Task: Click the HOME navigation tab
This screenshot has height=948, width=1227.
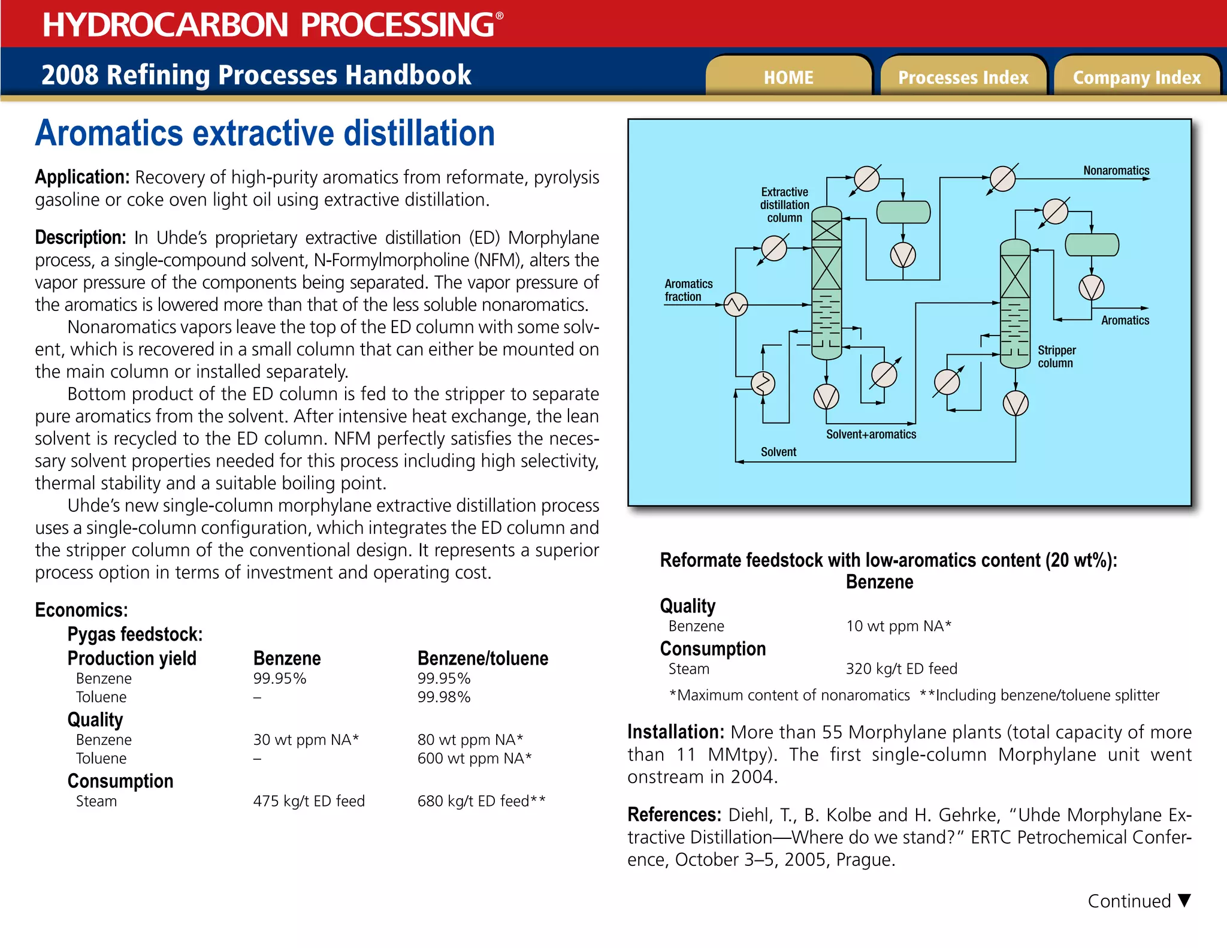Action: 788,77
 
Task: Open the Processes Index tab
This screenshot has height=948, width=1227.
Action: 963,77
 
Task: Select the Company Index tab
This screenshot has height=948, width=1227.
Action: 1137,77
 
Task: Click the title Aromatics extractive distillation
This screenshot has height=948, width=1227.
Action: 265,133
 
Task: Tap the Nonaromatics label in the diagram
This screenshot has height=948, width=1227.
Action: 1116,171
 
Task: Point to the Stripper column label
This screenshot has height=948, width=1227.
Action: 1056,357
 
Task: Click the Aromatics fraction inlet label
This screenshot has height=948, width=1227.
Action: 688,290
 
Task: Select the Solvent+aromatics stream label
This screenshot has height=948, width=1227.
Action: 871,434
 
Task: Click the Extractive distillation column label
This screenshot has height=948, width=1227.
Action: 784,205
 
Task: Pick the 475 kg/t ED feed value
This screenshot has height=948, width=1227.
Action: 309,801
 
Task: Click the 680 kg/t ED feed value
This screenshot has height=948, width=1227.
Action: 481,801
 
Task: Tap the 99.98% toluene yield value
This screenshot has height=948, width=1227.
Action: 444,697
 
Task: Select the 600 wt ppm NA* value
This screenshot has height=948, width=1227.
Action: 474,759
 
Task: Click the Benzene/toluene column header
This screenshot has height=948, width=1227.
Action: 482,659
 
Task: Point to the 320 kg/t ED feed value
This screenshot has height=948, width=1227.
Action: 901,669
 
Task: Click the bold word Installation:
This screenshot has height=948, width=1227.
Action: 676,732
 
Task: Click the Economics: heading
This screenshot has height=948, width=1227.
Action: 81,610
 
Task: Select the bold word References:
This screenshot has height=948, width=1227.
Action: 674,815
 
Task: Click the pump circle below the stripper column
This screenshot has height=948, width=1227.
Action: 1016,403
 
